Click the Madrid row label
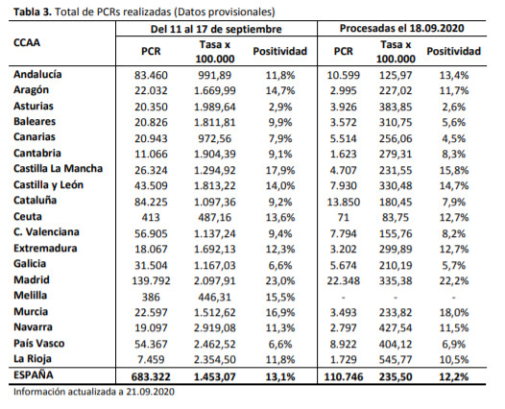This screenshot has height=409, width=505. [x=32, y=279]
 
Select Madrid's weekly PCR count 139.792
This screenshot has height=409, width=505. [x=151, y=280]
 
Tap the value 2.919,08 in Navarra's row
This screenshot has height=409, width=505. [x=215, y=327]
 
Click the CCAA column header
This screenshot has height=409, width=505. [x=27, y=43]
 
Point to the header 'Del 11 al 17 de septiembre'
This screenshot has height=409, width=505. [x=216, y=30]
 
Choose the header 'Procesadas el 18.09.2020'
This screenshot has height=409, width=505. [x=402, y=29]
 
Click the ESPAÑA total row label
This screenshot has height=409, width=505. [x=34, y=375]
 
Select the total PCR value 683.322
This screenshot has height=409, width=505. [x=151, y=376]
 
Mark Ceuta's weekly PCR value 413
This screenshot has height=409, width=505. [x=151, y=217]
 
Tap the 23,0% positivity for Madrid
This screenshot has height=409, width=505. [x=280, y=280]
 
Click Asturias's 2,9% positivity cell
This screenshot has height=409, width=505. [x=280, y=107]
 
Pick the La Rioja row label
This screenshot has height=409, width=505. [x=33, y=359]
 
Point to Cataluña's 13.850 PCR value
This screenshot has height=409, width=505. [x=344, y=202]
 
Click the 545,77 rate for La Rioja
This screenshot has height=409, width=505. [x=396, y=359]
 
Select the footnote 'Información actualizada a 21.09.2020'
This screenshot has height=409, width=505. [x=94, y=392]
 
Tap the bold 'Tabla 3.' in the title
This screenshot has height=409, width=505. [x=33, y=12]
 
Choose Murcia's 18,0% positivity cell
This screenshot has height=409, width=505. [x=454, y=312]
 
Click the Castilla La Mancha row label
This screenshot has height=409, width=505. [x=59, y=168]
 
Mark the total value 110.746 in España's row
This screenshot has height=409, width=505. [x=344, y=376]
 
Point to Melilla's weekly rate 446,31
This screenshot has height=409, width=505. [x=215, y=297]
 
